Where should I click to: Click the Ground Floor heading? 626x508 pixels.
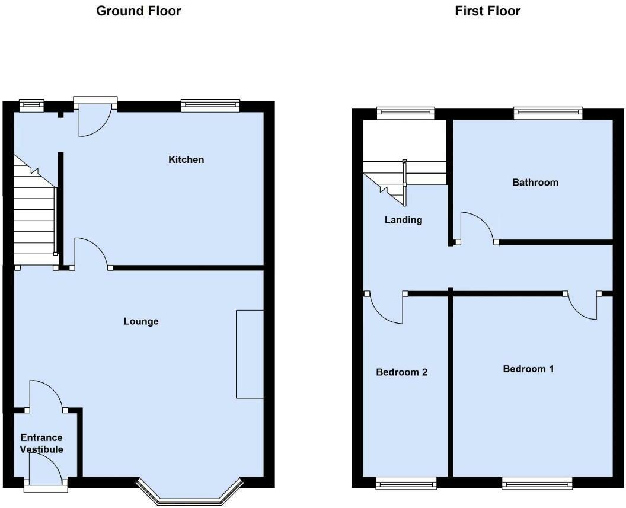click(x=139, y=11)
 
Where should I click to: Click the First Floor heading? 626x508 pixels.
click(x=488, y=11)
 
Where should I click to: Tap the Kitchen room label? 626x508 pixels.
click(x=186, y=159)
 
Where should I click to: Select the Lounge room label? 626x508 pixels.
click(x=141, y=321)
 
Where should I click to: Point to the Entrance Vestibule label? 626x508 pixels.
click(x=41, y=443)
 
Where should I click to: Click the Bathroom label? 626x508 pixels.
click(x=535, y=182)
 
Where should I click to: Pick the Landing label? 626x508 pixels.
click(x=404, y=220)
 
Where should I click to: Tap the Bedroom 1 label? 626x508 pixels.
click(x=529, y=369)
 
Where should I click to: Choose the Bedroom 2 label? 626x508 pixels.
click(x=402, y=372)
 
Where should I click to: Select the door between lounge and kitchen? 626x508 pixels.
click(x=91, y=253)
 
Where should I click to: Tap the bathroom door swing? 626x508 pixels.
click(x=479, y=228)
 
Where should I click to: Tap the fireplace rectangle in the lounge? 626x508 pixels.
click(x=250, y=353)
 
